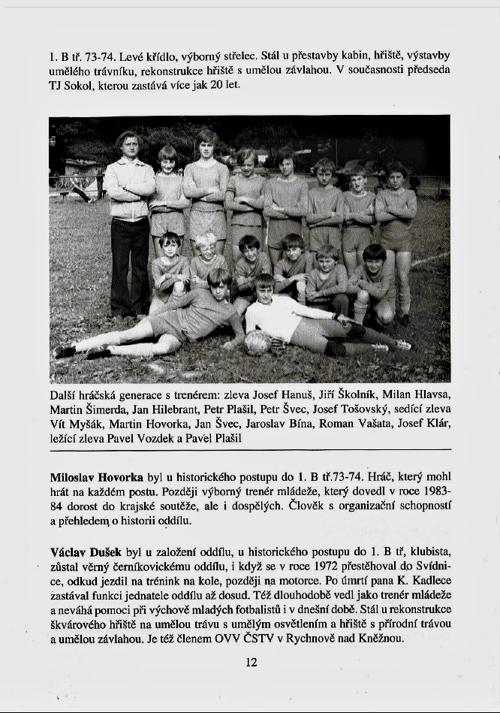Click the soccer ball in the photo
(258, 342)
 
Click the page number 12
(251, 662)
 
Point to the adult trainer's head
(128, 144)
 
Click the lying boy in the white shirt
(273, 316)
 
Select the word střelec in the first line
(239, 55)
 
